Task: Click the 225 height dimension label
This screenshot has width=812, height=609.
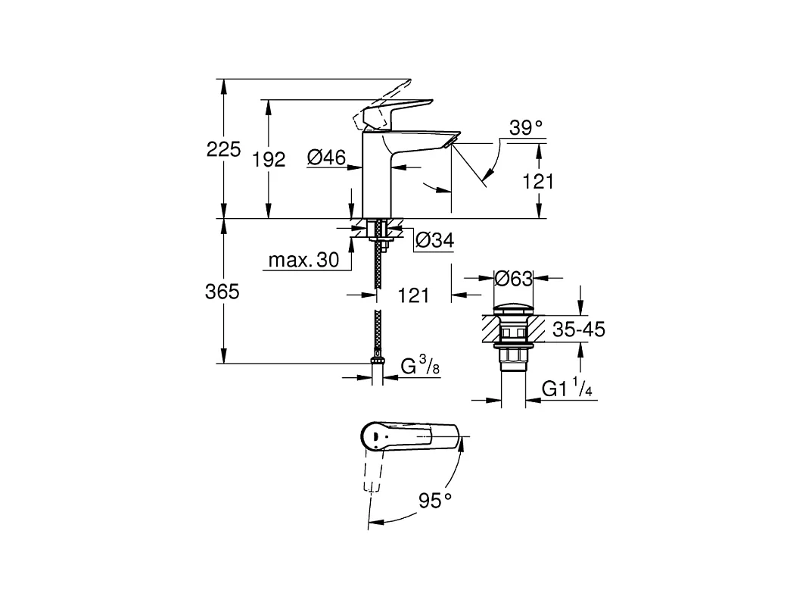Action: point(223,149)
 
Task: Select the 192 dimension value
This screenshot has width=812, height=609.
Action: point(269,159)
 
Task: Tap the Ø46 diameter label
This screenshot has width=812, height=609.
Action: point(326,158)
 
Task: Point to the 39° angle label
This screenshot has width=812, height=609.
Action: point(526,128)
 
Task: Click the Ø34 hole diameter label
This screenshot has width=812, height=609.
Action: point(434,241)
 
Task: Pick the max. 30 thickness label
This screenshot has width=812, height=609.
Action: point(303,261)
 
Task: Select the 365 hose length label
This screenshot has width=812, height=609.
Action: point(222,291)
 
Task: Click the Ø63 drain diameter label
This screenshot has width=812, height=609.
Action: point(513,279)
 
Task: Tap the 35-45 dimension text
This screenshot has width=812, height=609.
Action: point(579,329)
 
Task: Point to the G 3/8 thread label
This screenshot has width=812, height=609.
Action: point(420,367)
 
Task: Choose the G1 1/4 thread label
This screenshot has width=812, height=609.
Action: point(567,389)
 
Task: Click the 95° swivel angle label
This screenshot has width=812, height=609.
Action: point(434,500)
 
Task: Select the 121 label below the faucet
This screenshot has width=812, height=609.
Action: point(413,295)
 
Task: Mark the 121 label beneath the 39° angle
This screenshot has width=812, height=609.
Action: point(539,182)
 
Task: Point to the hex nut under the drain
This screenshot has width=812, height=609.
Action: point(513,357)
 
